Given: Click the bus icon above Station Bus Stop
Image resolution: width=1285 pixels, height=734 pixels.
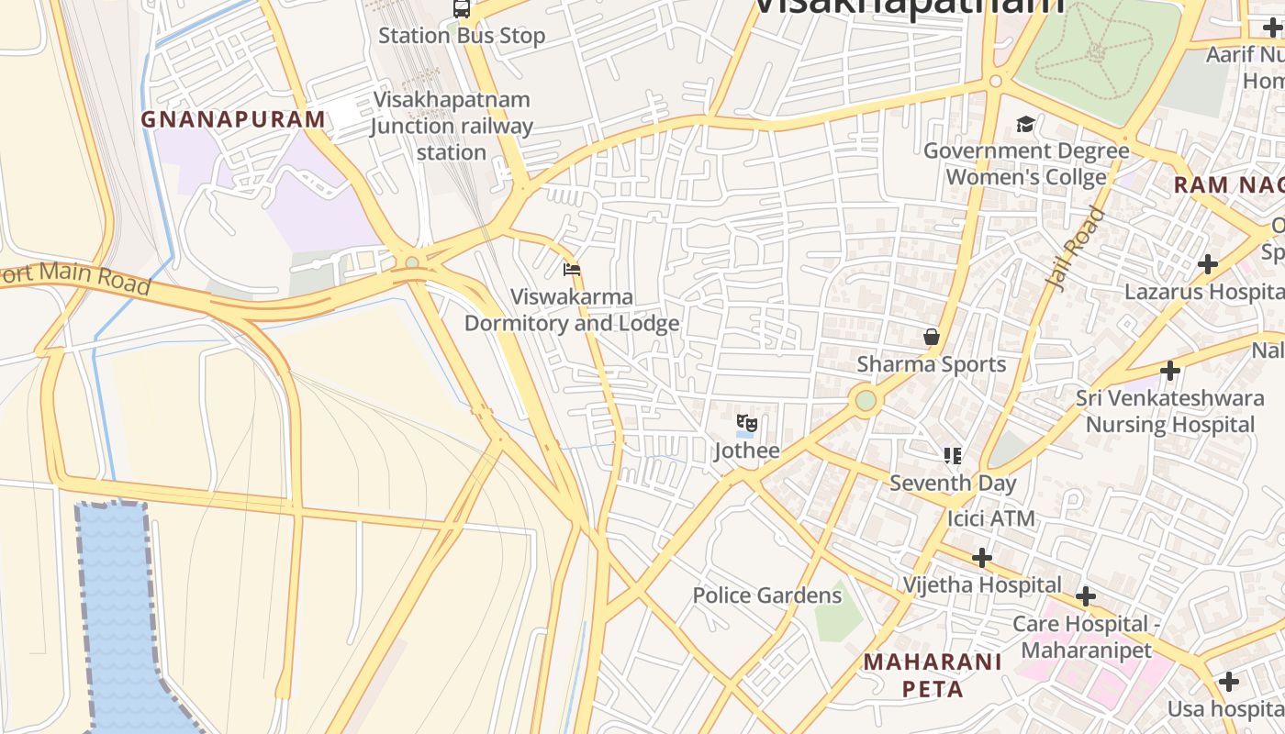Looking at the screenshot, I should (462, 9).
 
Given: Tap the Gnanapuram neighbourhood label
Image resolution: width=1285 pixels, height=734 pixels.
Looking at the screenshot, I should (233, 119).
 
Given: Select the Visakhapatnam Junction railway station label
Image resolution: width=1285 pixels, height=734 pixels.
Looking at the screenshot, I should (452, 126).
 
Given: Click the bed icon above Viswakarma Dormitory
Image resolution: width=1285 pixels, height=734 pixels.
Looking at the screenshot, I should (572, 270).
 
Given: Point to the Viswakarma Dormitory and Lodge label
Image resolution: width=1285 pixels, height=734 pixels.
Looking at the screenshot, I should (572, 310).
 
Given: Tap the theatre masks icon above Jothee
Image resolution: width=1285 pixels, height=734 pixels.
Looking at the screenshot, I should (747, 424).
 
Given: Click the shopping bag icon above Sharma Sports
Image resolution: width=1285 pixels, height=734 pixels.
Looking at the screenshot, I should (932, 337).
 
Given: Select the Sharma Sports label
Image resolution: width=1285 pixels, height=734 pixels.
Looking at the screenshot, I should (932, 364).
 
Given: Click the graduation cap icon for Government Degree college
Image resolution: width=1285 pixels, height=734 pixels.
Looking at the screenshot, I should (1025, 124).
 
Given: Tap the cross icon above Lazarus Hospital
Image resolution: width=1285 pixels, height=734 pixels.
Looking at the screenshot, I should (1208, 265).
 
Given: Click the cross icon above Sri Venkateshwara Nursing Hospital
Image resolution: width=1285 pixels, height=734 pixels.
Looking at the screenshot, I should (1169, 372).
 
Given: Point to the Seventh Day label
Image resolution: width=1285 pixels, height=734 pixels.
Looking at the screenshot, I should (953, 483).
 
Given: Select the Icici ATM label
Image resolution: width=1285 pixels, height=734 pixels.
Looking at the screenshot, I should (990, 519).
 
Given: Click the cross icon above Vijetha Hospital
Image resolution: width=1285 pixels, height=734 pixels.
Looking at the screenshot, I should (982, 557).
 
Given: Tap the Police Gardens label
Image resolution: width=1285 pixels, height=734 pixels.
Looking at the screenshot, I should (766, 595).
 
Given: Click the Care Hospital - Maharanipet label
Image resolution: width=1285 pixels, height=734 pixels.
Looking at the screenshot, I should (1080, 637).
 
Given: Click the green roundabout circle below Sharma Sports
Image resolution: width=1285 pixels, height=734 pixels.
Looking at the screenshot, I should (866, 400).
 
